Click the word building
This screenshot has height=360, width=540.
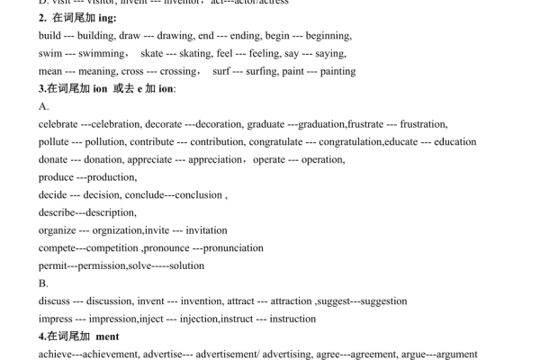click(x=95, y=36)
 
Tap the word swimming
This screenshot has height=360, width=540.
click(x=96, y=53)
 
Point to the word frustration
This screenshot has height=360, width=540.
click(x=424, y=124)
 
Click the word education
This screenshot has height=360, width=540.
click(x=455, y=141)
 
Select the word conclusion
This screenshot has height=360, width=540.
click(x=199, y=194)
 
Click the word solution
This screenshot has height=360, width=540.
click(x=186, y=265)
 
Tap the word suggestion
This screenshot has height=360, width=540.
click(x=378, y=301)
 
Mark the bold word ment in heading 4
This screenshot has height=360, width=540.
click(x=107, y=336)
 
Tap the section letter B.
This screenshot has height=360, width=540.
click(x=43, y=283)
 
